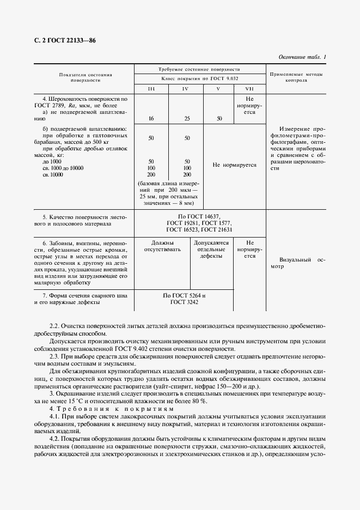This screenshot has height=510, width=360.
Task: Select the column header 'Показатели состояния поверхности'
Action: (x=85, y=76)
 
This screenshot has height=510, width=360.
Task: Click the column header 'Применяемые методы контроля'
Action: (x=296, y=76)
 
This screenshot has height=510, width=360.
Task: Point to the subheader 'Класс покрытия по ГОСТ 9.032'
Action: (x=199, y=79)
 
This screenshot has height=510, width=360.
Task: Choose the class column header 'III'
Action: (x=151, y=89)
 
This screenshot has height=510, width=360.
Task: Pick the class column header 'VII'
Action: (x=249, y=89)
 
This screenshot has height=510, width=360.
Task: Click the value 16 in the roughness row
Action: (x=151, y=118)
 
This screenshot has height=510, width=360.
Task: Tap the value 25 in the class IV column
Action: (x=186, y=118)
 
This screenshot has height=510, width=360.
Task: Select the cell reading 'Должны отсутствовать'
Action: (x=151, y=246)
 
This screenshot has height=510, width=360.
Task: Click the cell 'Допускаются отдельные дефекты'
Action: (x=200, y=249)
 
